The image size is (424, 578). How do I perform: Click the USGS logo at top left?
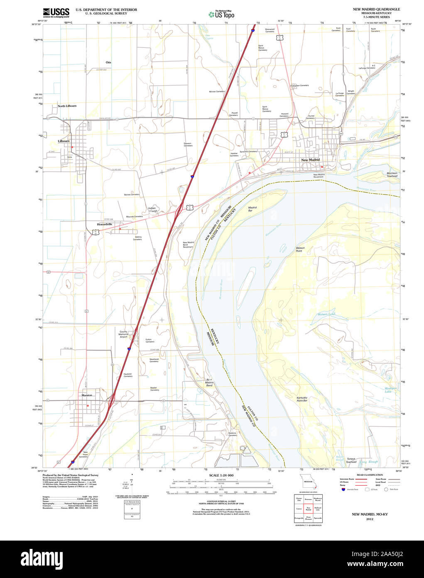pos(56,12)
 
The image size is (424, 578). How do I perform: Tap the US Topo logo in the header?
pos(222,15)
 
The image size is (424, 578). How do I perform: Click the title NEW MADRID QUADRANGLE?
pos(376,9)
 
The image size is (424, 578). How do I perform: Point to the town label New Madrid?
pos(310,160)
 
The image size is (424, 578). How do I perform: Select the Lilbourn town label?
pos(64,141)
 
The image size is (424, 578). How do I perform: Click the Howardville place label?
pos(105,224)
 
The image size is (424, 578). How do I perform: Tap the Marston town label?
pos(87,395)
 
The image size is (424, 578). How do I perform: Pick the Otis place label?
pos(108,62)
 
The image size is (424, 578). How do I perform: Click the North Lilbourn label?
pos(67,106)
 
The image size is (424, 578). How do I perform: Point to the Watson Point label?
pos(300,249)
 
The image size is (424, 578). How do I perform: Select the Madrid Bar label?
pos(252,209)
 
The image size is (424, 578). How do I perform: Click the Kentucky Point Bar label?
pos(302,399)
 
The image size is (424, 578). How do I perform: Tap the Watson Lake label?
pos(326,314)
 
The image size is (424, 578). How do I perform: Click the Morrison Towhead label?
pos(392,174)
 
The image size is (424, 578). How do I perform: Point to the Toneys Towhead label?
pos(351,460)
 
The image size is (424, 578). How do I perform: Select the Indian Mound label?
pos(152,210)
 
